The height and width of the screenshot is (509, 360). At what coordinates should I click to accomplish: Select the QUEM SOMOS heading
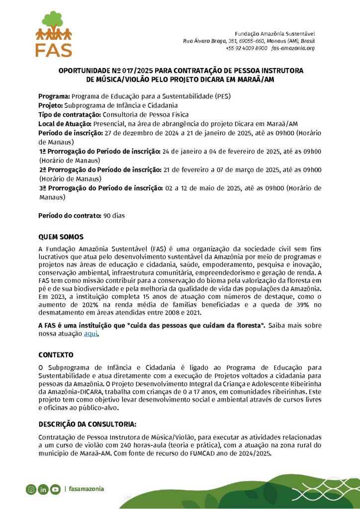pos(61,237)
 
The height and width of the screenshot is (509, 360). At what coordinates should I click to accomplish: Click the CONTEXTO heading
pos(56,355)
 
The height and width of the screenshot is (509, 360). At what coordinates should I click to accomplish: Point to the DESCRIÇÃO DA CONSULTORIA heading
pos(87,424)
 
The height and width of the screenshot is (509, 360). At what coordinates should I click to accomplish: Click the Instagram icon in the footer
pos(31,489)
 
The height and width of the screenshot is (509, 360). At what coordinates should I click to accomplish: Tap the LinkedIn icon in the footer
pos(43,489)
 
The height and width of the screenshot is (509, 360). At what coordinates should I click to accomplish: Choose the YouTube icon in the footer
pos(55,489)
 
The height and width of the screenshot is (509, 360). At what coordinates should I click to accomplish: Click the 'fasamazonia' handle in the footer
pos(87,489)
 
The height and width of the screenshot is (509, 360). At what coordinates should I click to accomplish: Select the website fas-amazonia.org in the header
pos(293,48)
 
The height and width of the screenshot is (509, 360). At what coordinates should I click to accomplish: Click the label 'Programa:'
pos(54,96)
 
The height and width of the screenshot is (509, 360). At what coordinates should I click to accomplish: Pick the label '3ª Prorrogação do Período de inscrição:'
pos(101,188)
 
